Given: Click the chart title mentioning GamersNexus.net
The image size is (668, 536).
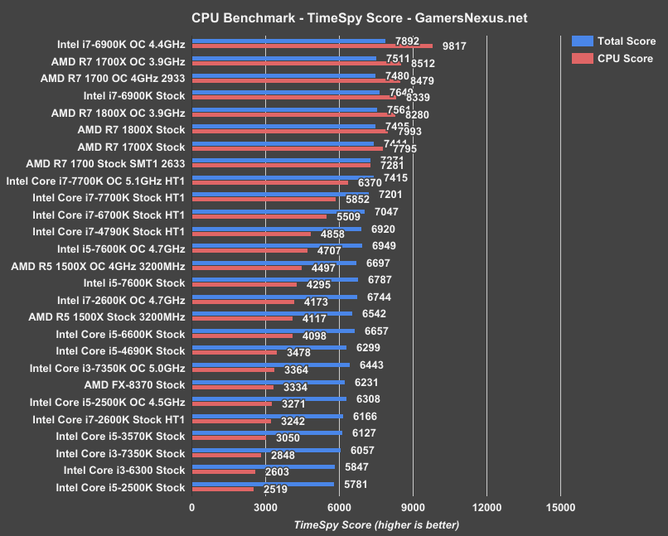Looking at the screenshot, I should pyautogui.click(x=347, y=17).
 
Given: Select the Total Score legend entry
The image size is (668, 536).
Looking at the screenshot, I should pyautogui.click(x=613, y=41).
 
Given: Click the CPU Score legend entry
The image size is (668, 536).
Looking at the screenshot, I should pyautogui.click(x=613, y=58).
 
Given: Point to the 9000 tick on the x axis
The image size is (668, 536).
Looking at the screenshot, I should pyautogui.click(x=413, y=508).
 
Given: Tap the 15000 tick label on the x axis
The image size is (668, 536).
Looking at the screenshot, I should pyautogui.click(x=560, y=508).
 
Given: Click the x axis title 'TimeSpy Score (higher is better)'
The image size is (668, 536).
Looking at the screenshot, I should pyautogui.click(x=375, y=524).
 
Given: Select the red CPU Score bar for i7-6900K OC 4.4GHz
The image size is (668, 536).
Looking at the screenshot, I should pyautogui.click(x=312, y=46).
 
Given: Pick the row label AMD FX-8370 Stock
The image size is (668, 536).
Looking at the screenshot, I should pyautogui.click(x=134, y=385).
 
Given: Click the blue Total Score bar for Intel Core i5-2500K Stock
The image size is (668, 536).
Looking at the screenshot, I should pyautogui.click(x=263, y=484).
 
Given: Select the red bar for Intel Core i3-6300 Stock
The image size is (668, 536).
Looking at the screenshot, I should pyautogui.click(x=224, y=472).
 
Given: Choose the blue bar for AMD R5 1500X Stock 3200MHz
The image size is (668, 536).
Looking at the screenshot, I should pyautogui.click(x=272, y=313).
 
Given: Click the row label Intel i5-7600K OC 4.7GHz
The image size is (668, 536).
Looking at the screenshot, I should pyautogui.click(x=121, y=249).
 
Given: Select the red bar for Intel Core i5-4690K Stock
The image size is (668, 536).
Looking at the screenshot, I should pyautogui.click(x=235, y=353).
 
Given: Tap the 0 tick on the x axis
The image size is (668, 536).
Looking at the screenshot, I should pyautogui.click(x=192, y=508).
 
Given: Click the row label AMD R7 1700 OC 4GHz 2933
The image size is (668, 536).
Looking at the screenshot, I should pyautogui.click(x=113, y=78).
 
